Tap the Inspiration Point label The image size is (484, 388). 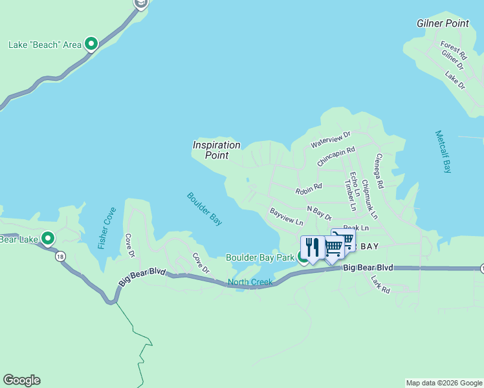pyautogui.click(x=216, y=150)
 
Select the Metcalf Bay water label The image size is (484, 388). pyautogui.click(x=443, y=152)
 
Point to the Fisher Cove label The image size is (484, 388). pyautogui.click(x=107, y=228)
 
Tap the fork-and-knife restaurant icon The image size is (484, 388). pyautogui.click(x=313, y=247)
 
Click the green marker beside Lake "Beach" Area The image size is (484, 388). pyautogui.click(x=92, y=44)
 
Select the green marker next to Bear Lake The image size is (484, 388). pyautogui.click(x=48, y=239)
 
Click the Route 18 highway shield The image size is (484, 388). pyautogui.click(x=60, y=257)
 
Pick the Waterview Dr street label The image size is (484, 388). pyautogui.click(x=330, y=139)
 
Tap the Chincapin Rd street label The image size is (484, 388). pyautogui.click(x=336, y=157)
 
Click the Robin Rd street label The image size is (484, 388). pyautogui.click(x=308, y=189)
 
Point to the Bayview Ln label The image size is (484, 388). pyautogui.click(x=286, y=217)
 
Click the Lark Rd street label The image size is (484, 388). pyautogui.click(x=380, y=285)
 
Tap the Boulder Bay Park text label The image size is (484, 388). pyautogui.click(x=259, y=257)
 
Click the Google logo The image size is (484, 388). pyautogui.click(x=21, y=380)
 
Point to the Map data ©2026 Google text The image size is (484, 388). pyautogui.click(x=443, y=383)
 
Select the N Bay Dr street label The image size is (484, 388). pyautogui.click(x=319, y=213)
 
